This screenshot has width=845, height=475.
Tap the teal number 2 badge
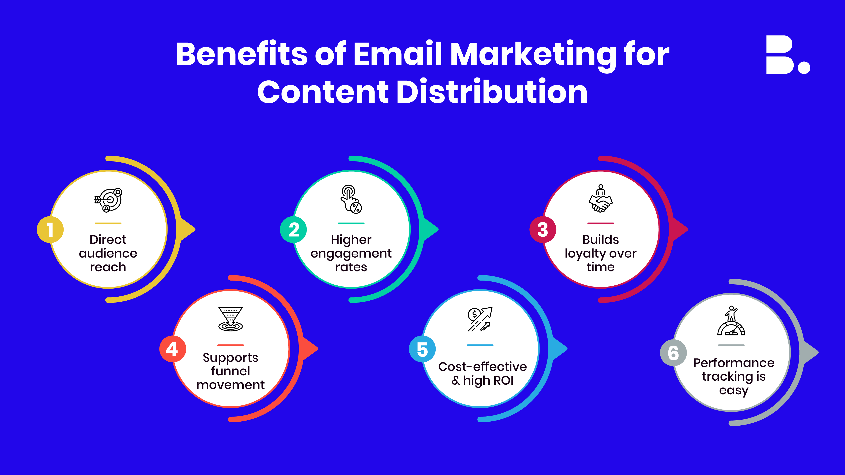click(x=293, y=229)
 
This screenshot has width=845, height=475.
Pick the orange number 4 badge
click(x=173, y=349)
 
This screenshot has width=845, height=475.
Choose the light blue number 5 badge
click(x=422, y=349)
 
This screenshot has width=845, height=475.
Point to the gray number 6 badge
click(x=673, y=353)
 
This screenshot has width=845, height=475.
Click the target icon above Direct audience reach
click(x=108, y=200)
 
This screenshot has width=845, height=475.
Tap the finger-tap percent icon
click(x=351, y=199)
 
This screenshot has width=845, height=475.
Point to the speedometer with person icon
click(x=731, y=321)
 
